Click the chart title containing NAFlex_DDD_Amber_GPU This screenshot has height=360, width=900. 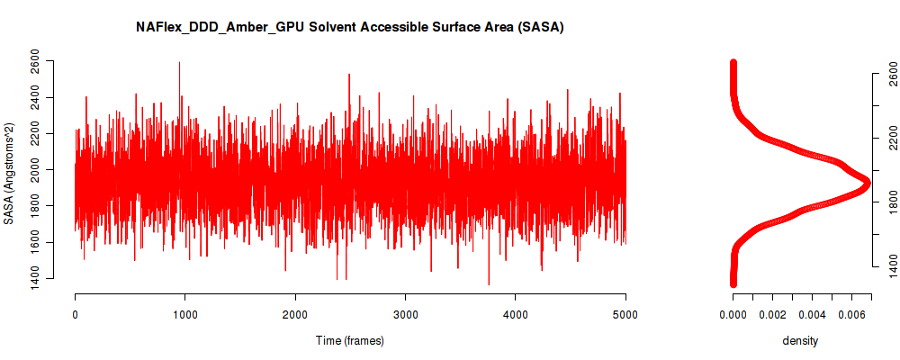point(349,27)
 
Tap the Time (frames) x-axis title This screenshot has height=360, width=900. point(350,340)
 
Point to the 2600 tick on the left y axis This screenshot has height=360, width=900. point(35,61)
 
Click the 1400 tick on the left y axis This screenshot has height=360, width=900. point(35,279)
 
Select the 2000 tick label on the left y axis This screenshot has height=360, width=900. point(35,170)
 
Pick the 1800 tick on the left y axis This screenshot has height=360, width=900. point(35,206)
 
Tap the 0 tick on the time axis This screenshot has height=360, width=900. point(75,314)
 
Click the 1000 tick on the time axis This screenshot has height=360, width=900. point(184,314)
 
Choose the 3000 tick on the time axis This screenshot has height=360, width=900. point(405,314)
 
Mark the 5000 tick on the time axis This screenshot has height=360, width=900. point(625,314)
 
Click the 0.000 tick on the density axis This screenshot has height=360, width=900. point(733,314)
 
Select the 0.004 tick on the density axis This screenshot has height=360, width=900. point(812,314)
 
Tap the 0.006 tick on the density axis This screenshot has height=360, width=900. point(851,314)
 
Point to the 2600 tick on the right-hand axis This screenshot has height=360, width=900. point(889,73)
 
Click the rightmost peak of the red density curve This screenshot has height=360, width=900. point(868,183)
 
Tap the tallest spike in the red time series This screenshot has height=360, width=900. point(179,62)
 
